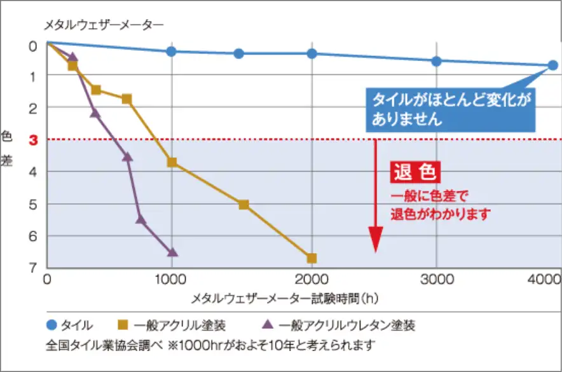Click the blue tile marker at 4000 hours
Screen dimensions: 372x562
tap(552, 65)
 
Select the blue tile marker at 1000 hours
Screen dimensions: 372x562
tap(171, 52)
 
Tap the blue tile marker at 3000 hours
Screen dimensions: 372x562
tap(436, 61)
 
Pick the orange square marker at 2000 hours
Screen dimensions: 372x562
tap(312, 258)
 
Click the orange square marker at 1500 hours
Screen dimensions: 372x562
tap(243, 205)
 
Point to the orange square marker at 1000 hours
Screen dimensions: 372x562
tap(172, 162)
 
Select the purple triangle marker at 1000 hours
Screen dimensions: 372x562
tap(172, 252)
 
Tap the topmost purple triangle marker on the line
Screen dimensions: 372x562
tap(73, 57)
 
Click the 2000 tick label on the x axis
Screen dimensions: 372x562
tap(312, 278)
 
